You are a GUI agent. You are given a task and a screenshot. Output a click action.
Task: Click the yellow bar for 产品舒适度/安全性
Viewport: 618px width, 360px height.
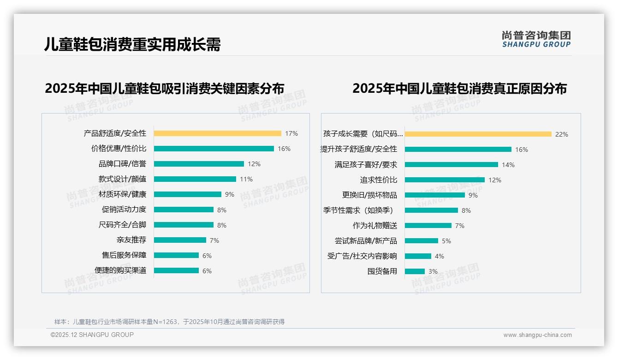point(217,133)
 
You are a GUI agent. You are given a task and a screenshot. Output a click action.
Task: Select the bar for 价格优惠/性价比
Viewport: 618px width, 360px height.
point(214,149)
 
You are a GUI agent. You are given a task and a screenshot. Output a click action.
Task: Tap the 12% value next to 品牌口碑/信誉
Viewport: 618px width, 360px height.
point(254,164)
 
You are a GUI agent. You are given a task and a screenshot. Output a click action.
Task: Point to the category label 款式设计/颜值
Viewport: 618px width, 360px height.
point(122,179)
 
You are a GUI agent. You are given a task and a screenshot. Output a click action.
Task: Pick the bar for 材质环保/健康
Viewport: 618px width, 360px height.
point(187,194)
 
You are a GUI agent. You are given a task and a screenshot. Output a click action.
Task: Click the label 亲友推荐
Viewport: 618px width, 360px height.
point(131,240)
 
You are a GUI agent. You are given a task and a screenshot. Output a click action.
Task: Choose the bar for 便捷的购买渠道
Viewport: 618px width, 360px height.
point(176,270)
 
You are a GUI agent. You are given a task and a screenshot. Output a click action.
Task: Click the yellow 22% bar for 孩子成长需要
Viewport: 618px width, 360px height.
point(478,134)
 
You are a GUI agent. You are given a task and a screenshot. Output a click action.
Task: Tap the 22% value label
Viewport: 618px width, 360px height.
point(561,134)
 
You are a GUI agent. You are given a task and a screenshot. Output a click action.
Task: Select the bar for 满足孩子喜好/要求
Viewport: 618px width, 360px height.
point(451,164)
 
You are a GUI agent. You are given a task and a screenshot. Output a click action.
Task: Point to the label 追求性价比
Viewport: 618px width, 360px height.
point(378,180)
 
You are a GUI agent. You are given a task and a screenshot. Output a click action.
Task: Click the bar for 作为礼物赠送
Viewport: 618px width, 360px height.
point(428,225)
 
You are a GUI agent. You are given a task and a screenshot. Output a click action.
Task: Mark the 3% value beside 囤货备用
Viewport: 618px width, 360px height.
point(433,271)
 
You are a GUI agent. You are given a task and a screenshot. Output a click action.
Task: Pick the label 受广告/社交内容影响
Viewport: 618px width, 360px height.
point(362,256)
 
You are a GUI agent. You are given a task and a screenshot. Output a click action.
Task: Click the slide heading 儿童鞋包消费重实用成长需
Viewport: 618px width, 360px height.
point(132,44)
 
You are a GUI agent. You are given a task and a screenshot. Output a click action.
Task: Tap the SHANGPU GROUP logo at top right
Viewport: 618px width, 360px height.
point(536,39)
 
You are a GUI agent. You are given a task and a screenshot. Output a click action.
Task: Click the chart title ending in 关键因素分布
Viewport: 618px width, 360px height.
point(164,88)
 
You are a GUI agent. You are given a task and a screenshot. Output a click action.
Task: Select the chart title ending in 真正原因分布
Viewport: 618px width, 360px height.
point(459,88)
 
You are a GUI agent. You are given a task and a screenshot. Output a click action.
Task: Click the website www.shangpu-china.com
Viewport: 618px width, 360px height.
point(537,335)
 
